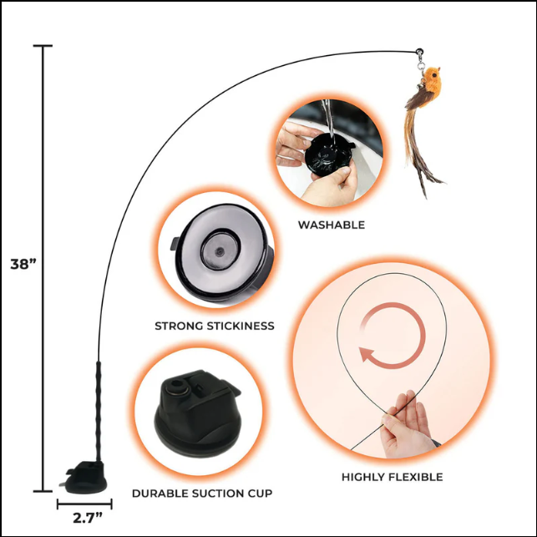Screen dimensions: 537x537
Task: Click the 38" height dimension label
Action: click(25, 265)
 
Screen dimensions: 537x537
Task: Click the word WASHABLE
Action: click(331, 225)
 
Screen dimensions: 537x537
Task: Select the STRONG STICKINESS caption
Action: click(214, 326)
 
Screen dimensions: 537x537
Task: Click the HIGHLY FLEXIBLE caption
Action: click(392, 477)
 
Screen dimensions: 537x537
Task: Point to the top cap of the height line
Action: click(43, 46)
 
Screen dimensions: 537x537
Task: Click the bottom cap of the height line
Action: click(43, 491)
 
